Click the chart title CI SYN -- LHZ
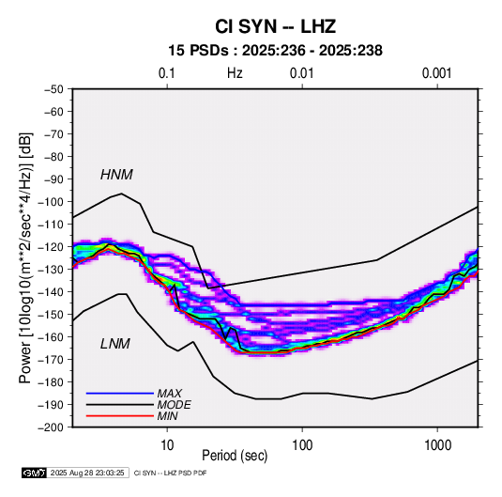click(x=275, y=26)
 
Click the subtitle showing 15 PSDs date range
click(x=275, y=51)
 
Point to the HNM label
click(x=116, y=175)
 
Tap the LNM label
click(x=115, y=344)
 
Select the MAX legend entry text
click(x=169, y=394)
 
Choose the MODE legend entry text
click(x=175, y=405)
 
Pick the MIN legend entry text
click(x=167, y=416)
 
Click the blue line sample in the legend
click(x=120, y=394)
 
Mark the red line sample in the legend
click(x=120, y=416)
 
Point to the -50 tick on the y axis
click(x=53, y=89)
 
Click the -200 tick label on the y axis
click(x=51, y=427)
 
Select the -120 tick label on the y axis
click(x=51, y=247)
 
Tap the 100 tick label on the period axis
click(x=302, y=445)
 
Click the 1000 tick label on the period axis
click(x=437, y=445)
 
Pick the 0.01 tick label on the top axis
click(x=301, y=73)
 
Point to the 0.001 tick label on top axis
click(x=436, y=73)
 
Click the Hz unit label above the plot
click(x=235, y=73)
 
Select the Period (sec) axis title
click(x=235, y=456)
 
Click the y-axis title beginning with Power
click(x=25, y=258)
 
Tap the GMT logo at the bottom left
click(x=35, y=473)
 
